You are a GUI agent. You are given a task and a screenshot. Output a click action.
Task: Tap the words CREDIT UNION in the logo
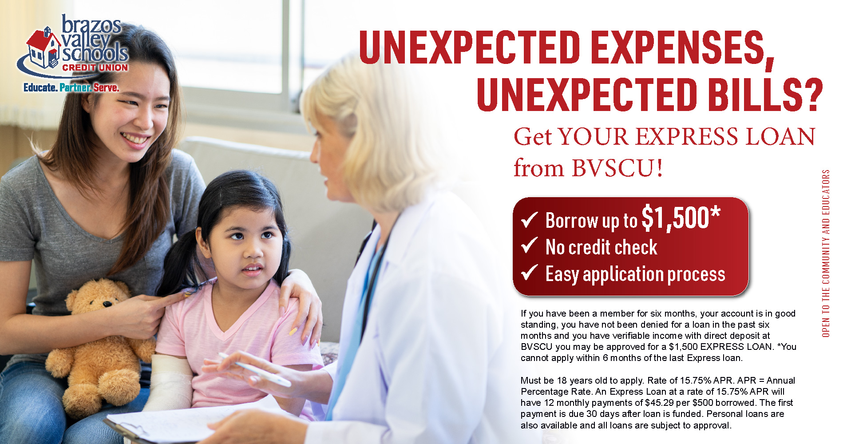(95, 67)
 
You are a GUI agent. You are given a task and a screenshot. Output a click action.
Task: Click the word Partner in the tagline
(75, 87)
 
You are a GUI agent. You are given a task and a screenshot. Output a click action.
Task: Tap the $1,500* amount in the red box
(681, 218)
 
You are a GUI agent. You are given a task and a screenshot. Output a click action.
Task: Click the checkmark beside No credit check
(529, 245)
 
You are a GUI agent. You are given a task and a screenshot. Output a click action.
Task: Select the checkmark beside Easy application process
(529, 272)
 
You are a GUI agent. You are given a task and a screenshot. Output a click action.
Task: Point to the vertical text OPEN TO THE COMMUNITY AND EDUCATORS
(826, 253)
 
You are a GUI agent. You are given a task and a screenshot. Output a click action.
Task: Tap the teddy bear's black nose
(107, 304)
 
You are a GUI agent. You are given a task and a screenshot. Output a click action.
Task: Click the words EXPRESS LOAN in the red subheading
(725, 137)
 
